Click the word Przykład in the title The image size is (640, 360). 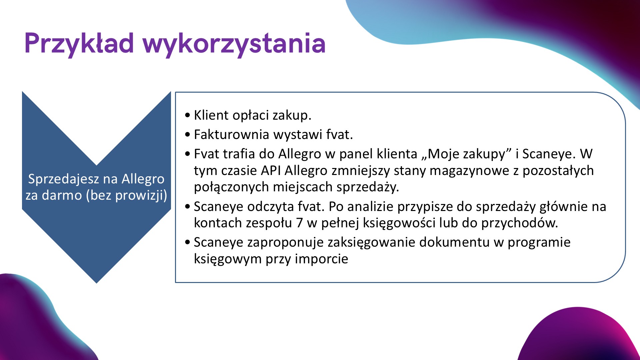[79, 44]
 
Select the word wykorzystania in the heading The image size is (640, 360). [234, 44]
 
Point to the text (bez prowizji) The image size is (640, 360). [127, 195]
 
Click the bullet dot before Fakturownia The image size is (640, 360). [188, 135]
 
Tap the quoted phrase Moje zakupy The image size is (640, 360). [466, 154]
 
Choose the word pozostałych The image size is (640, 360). [558, 171]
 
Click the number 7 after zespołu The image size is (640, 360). [299, 223]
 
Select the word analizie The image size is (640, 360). [370, 207]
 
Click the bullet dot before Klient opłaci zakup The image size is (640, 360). [188, 115]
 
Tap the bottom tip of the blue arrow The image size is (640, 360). [97, 283]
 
